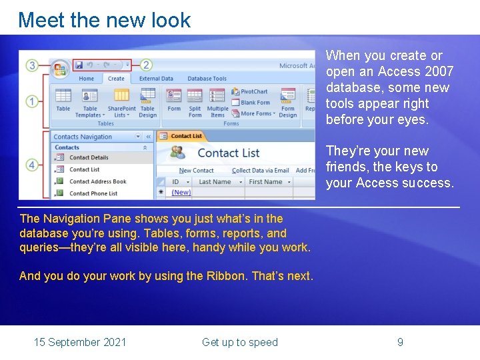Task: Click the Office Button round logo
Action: [61, 69]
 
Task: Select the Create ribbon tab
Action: [116, 79]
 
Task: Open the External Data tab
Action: [156, 79]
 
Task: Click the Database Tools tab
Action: [207, 79]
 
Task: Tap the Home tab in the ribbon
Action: [87, 79]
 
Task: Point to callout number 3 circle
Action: [32, 65]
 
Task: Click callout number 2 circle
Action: [146, 65]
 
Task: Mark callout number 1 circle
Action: [32, 101]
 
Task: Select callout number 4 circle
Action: [32, 165]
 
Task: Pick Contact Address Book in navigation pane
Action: [97, 181]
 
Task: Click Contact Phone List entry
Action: [93, 193]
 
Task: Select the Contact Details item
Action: [89, 158]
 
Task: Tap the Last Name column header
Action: [215, 181]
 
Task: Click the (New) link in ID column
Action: [181, 193]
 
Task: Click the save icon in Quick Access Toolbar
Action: [79, 65]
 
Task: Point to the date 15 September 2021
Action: [80, 342]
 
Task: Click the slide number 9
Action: [400, 342]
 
